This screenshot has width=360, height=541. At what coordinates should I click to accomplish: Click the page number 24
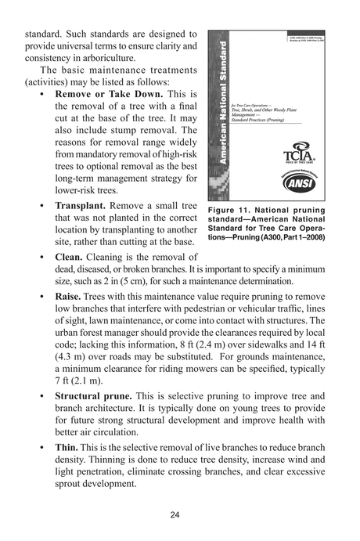(180, 514)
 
